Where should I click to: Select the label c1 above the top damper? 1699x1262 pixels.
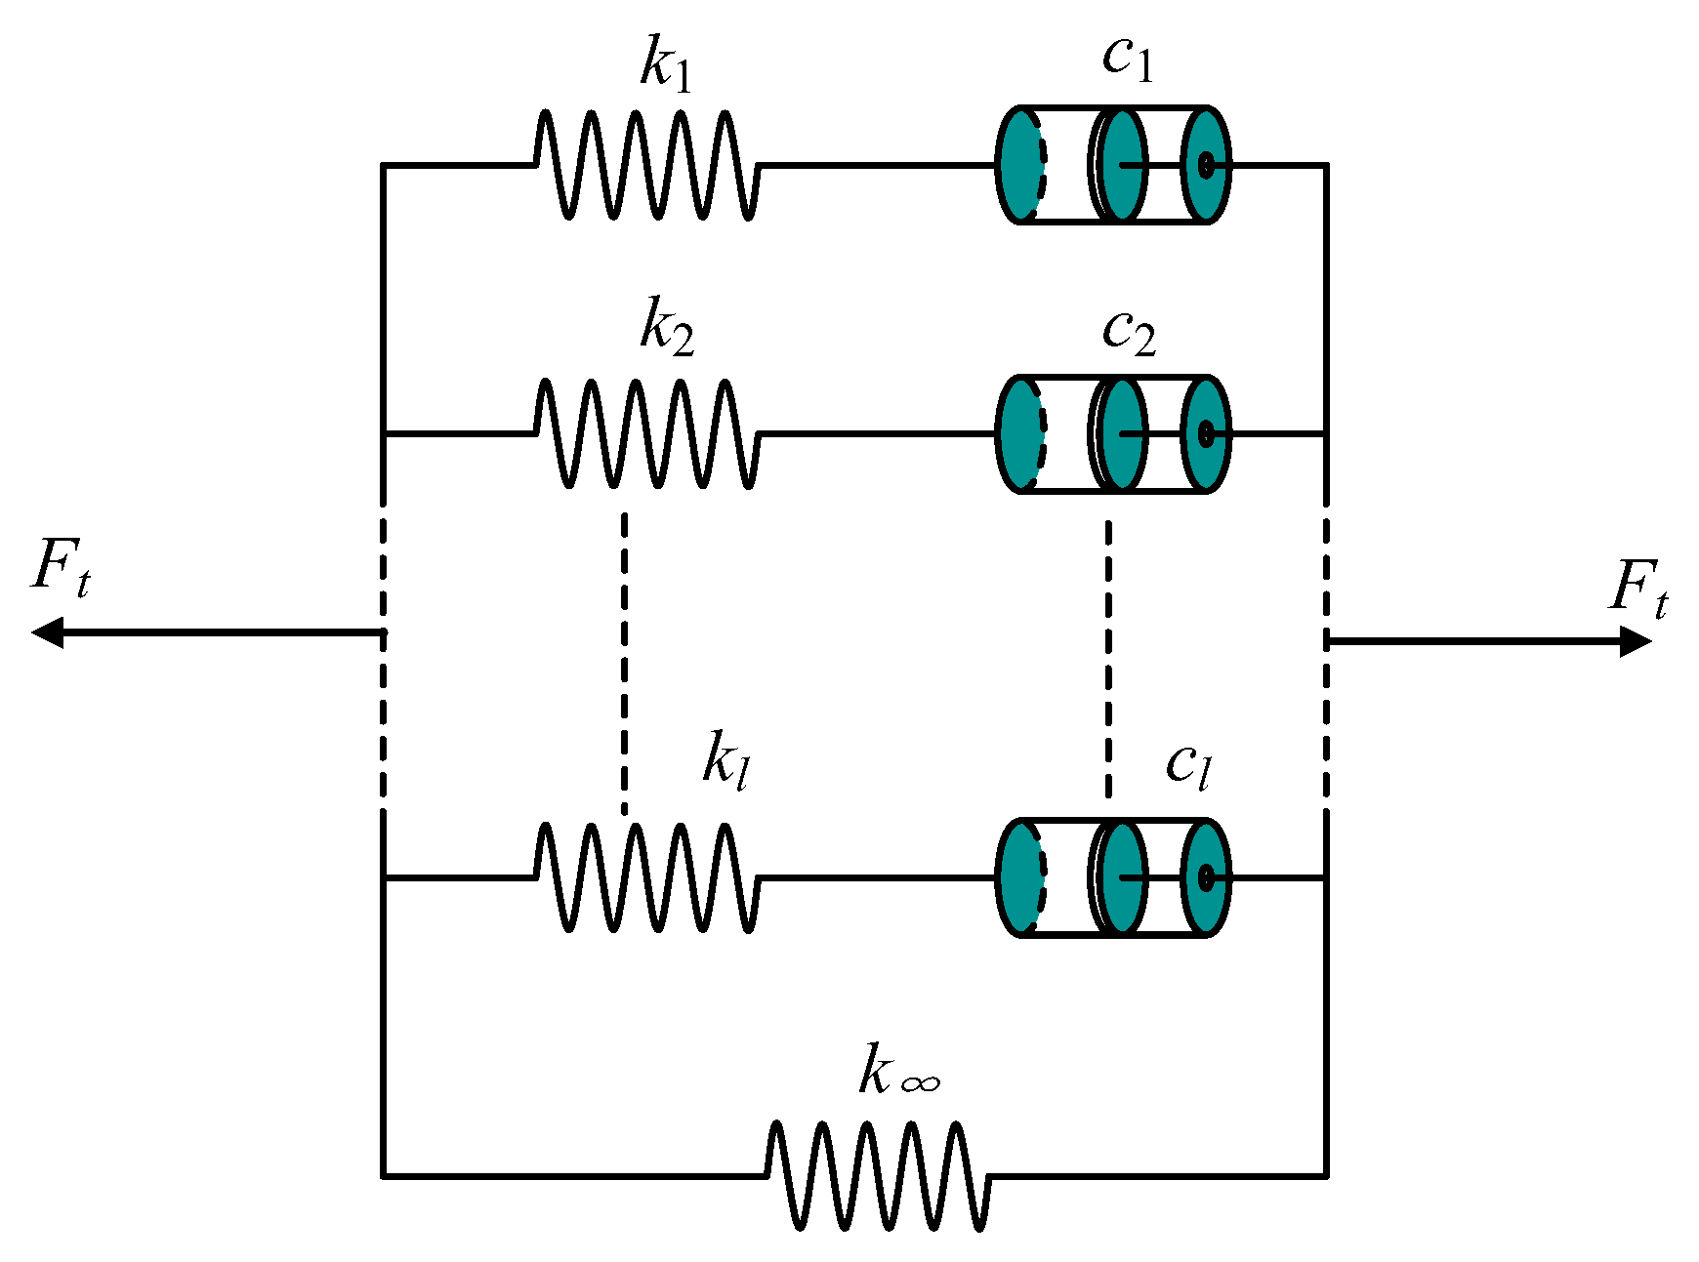pos(1128,59)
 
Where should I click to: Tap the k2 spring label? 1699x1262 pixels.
pos(666,327)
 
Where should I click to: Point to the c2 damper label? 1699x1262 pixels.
pos(1129,332)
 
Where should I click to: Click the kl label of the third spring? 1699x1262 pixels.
pos(726,759)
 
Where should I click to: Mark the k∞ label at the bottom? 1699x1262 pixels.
pos(898,1072)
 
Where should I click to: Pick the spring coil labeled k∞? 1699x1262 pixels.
pos(877,1175)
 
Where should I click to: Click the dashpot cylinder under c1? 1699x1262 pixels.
pos(1113,165)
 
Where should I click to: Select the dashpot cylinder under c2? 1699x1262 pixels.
pos(1113,433)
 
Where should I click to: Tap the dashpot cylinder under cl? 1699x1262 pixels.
pos(1113,877)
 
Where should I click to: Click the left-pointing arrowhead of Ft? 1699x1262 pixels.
pos(47,632)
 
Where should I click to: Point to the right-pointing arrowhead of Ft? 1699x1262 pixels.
pos(1635,641)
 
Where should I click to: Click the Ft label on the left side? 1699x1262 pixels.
pos(61,568)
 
